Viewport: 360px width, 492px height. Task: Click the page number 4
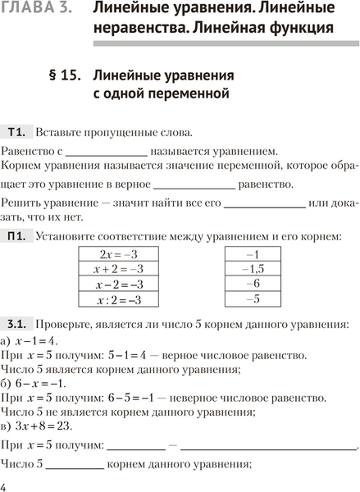5,487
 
